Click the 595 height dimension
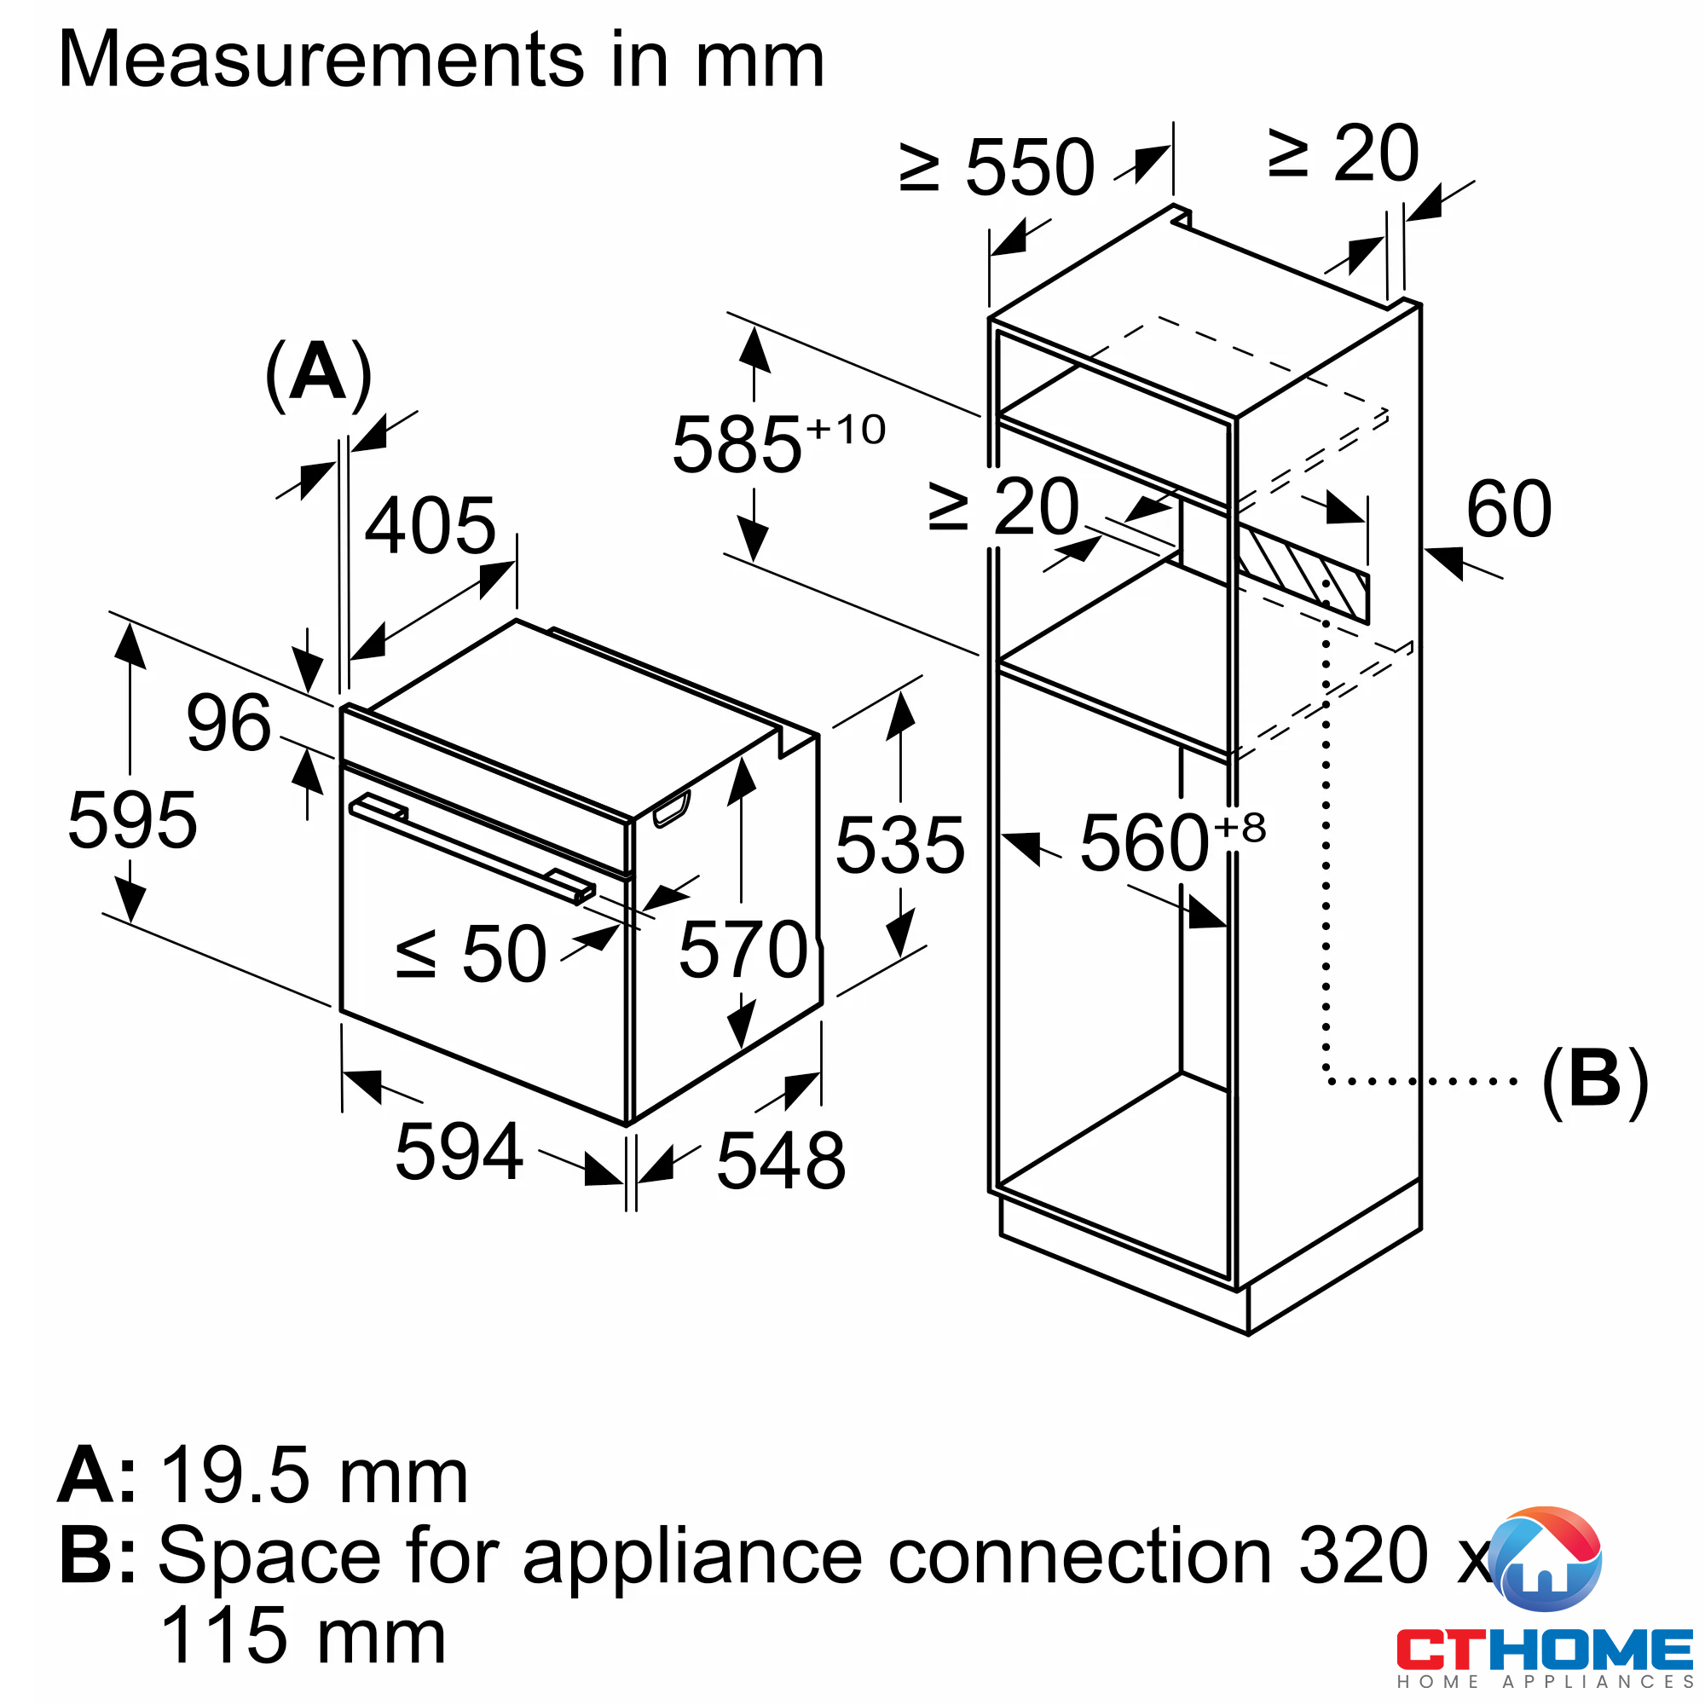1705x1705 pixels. (132, 821)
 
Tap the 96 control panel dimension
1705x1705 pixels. (228, 723)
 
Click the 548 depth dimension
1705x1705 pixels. (781, 1160)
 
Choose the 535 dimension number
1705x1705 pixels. (900, 846)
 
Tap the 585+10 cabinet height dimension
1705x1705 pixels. (778, 444)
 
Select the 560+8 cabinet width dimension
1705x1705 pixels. (1173, 842)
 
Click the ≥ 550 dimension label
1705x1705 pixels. (997, 167)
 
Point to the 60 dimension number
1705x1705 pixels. (1509, 509)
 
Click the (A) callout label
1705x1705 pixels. (319, 374)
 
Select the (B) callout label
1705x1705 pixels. (1595, 1079)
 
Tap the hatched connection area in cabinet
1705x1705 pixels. (1303, 574)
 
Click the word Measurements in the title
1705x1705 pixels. (321, 60)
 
